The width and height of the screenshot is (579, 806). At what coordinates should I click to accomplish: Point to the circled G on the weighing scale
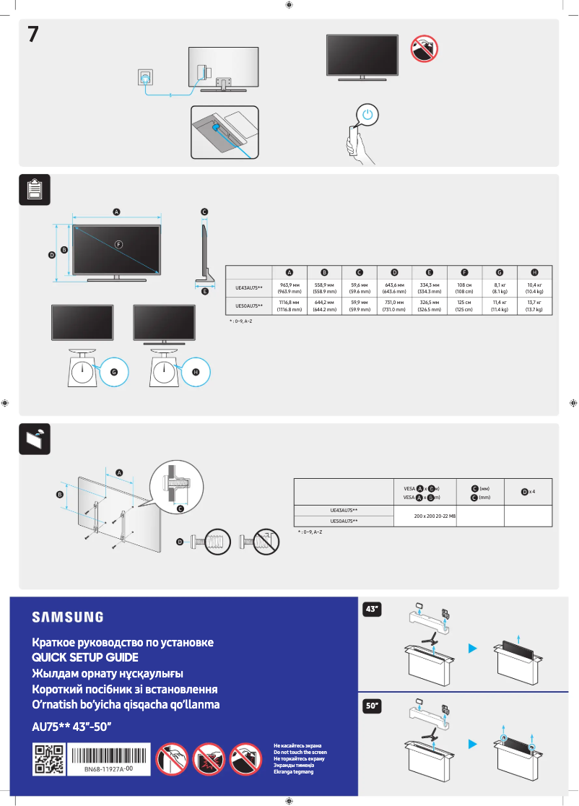tap(113, 371)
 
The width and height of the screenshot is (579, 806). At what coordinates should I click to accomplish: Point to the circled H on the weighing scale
tap(196, 371)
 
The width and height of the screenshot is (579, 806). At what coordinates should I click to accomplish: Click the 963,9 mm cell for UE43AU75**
tap(289, 288)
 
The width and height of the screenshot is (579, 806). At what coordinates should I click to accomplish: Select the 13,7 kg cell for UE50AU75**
tap(534, 305)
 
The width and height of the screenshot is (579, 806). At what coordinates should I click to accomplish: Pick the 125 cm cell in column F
tap(464, 305)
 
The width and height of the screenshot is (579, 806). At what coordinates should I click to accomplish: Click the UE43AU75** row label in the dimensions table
tap(249, 288)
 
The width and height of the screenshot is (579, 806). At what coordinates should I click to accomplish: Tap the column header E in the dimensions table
tap(430, 272)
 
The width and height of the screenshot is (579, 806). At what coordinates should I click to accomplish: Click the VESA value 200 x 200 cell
tap(425, 516)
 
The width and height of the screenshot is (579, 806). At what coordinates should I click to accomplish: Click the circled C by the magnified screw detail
tap(180, 508)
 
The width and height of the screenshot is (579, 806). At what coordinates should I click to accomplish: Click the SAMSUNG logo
tap(67, 617)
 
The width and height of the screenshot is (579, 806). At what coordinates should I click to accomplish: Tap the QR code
tap(50, 760)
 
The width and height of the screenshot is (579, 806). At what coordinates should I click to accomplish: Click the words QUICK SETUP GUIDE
tap(85, 657)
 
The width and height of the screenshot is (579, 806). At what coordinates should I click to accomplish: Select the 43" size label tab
tap(372, 610)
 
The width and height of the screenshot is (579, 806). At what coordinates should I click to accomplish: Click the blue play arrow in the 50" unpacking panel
tap(473, 743)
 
